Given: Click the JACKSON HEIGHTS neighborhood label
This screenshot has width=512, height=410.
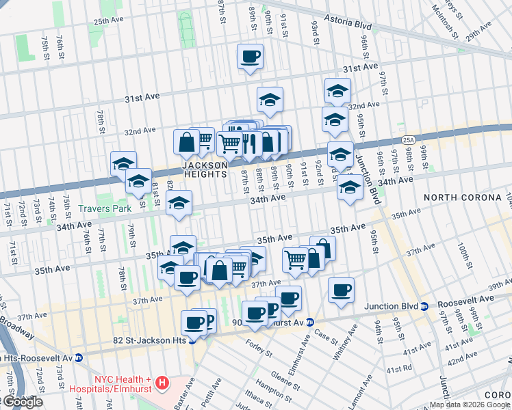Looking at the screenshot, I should coord(204,169).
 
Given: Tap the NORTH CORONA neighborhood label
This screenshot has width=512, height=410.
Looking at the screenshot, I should coord(463,197).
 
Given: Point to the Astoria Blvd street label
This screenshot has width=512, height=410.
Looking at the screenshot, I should coord(347,25).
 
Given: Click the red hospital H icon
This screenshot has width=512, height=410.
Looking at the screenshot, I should coord(162,383).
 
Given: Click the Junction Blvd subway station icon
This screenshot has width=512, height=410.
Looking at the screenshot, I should coord(425,305).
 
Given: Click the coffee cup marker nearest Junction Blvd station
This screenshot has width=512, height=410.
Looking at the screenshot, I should coord(341,290).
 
